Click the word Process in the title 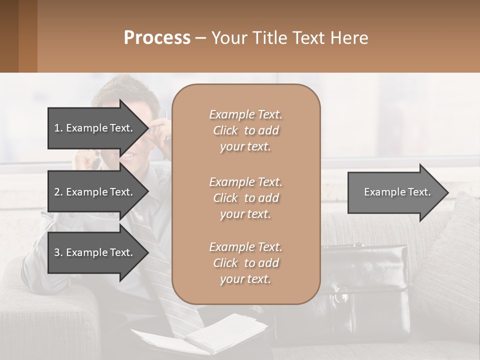156,38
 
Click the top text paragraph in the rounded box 245,130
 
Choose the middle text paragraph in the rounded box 245,198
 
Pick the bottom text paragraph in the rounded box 245,263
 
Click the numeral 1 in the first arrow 56,128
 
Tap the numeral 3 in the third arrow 56,252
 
